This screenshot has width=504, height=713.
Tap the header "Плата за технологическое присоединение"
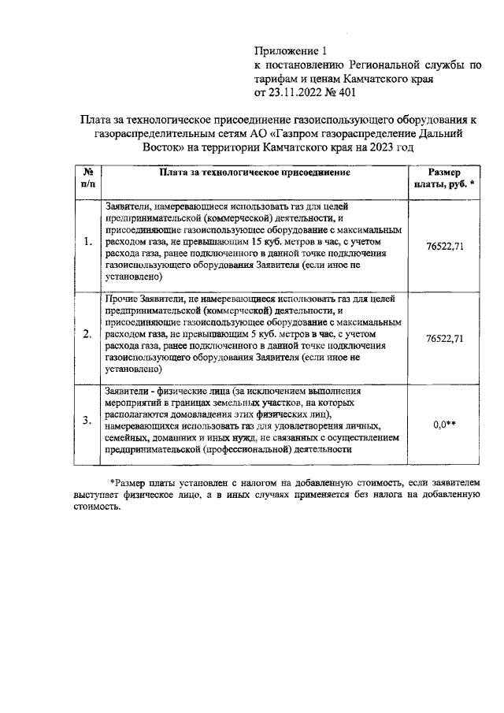(254, 172)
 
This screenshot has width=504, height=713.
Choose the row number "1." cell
(87, 241)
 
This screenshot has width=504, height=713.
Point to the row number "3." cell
(87, 421)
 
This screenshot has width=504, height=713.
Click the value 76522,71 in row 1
(444, 246)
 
